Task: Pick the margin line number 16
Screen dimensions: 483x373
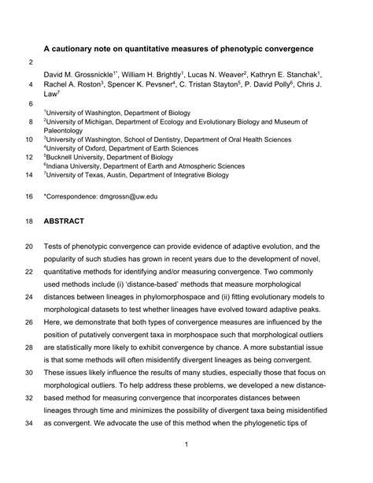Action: point(30,195)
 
